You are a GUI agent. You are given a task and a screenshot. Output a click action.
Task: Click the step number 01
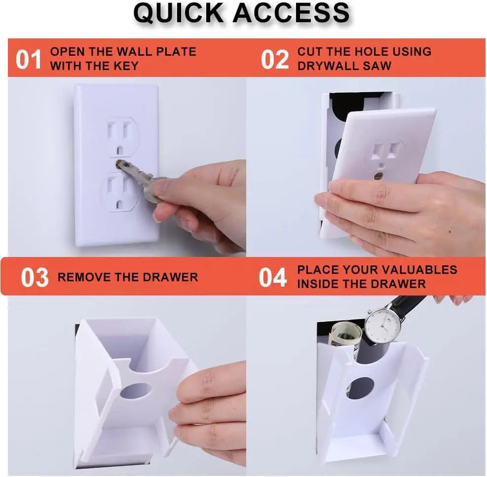click(x=28, y=60)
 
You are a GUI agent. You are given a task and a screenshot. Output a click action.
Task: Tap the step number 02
click(x=275, y=60)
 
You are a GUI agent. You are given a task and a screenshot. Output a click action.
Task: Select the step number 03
click(x=35, y=278)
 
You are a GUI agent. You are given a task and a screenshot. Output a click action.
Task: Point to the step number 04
click(x=273, y=278)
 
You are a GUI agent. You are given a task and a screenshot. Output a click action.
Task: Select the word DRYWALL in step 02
click(x=328, y=66)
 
